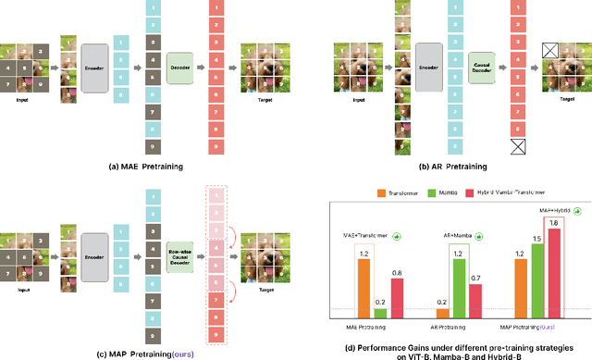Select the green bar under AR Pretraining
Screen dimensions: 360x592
[x=459, y=284]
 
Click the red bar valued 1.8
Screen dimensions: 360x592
[x=554, y=270]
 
